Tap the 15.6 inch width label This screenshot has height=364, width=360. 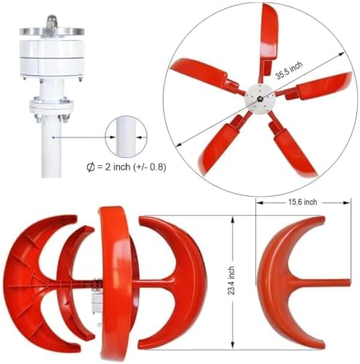tap(301, 202)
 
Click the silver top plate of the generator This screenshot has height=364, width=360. tap(51, 30)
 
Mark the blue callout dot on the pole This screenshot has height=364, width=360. tap(53, 136)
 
